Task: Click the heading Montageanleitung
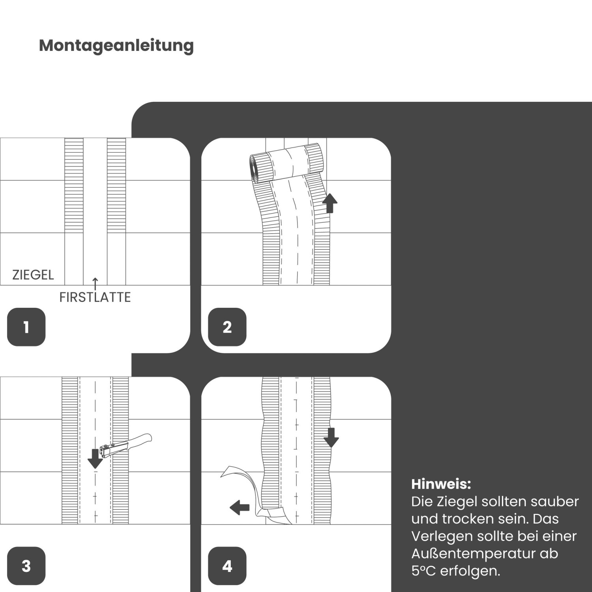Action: pos(116,45)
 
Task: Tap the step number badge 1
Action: pos(26,327)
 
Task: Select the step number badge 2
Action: pos(227,327)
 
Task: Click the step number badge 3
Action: pos(26,566)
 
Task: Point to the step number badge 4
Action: pos(227,566)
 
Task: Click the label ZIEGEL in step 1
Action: pos(33,275)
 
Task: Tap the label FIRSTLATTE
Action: pos(95,297)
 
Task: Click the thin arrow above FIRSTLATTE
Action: pos(95,283)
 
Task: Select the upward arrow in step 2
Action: pos(330,203)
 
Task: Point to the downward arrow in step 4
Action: pos(331,437)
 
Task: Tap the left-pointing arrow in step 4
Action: pos(240,507)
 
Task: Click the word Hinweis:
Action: pos(441,484)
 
